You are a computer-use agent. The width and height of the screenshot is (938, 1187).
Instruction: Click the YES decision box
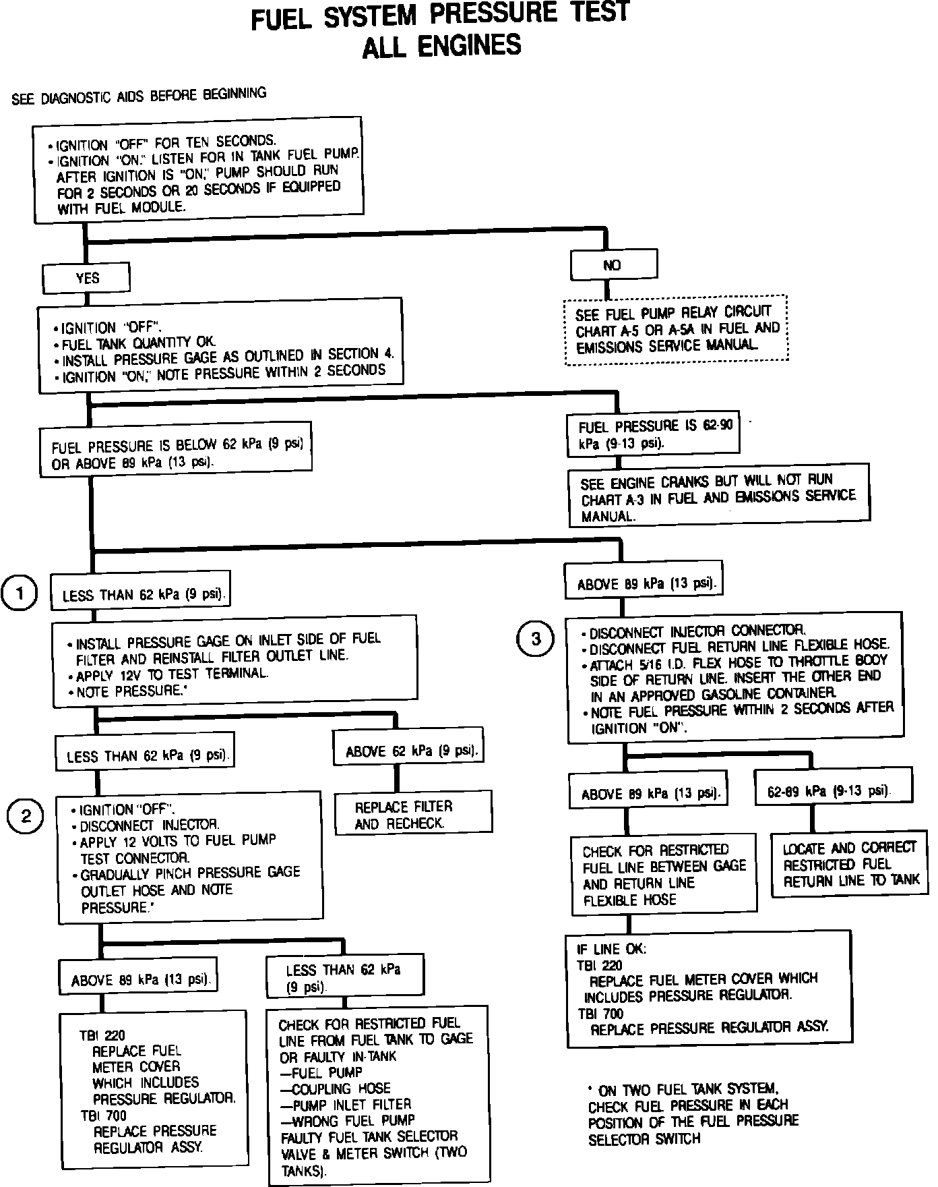point(86,278)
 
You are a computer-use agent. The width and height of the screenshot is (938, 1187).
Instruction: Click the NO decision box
point(613,265)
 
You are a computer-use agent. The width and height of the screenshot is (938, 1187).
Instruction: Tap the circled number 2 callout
point(26,817)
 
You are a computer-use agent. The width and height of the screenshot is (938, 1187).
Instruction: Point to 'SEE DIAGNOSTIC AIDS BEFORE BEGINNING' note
point(139,96)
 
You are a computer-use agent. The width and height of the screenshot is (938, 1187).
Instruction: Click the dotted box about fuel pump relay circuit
point(676,330)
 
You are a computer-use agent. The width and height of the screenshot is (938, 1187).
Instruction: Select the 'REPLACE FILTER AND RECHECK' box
point(413,814)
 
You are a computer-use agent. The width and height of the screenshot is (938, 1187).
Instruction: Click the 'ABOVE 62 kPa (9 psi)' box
point(410,750)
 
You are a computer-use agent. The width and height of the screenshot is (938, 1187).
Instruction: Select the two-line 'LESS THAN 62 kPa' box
point(344,978)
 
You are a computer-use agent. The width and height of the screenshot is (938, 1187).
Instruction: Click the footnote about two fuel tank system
point(693,1113)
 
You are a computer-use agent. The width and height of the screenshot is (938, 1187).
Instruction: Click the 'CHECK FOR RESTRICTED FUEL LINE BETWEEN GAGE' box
point(664,875)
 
